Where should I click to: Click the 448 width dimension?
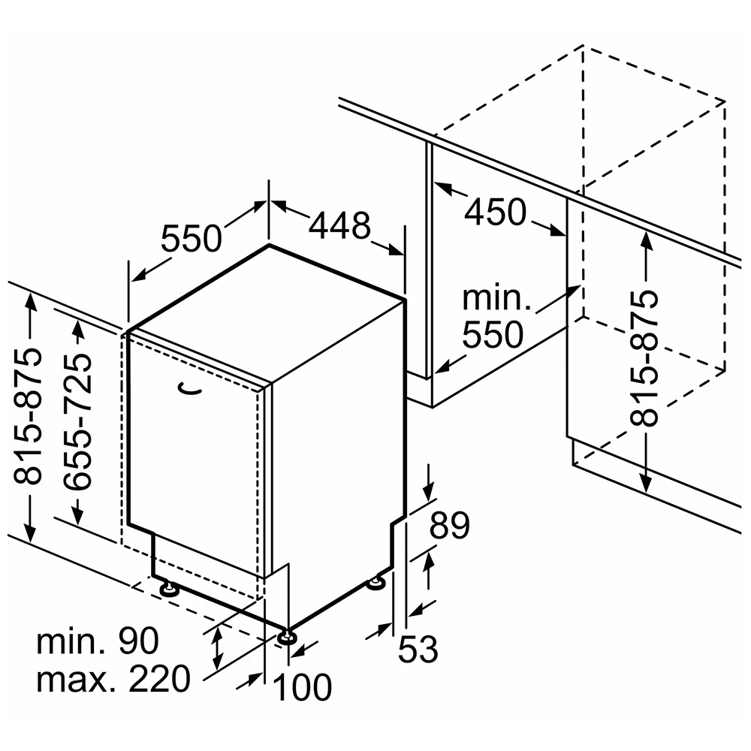pos(339,225)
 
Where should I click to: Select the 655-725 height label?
pos(77,422)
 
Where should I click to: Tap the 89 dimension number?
pos(449,526)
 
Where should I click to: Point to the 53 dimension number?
pos(418,649)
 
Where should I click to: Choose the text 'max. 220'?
pos(113,679)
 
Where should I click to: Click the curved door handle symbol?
pos(190,389)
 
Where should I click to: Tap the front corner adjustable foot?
pos(287,637)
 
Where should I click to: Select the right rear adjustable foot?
pos(376,584)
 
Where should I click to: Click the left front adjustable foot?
pos(169,589)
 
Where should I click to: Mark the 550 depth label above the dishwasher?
pos(191,238)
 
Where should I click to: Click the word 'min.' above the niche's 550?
pos(496,298)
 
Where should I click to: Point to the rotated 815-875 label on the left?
pos(27,416)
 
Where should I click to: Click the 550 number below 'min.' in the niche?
pos(493,334)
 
